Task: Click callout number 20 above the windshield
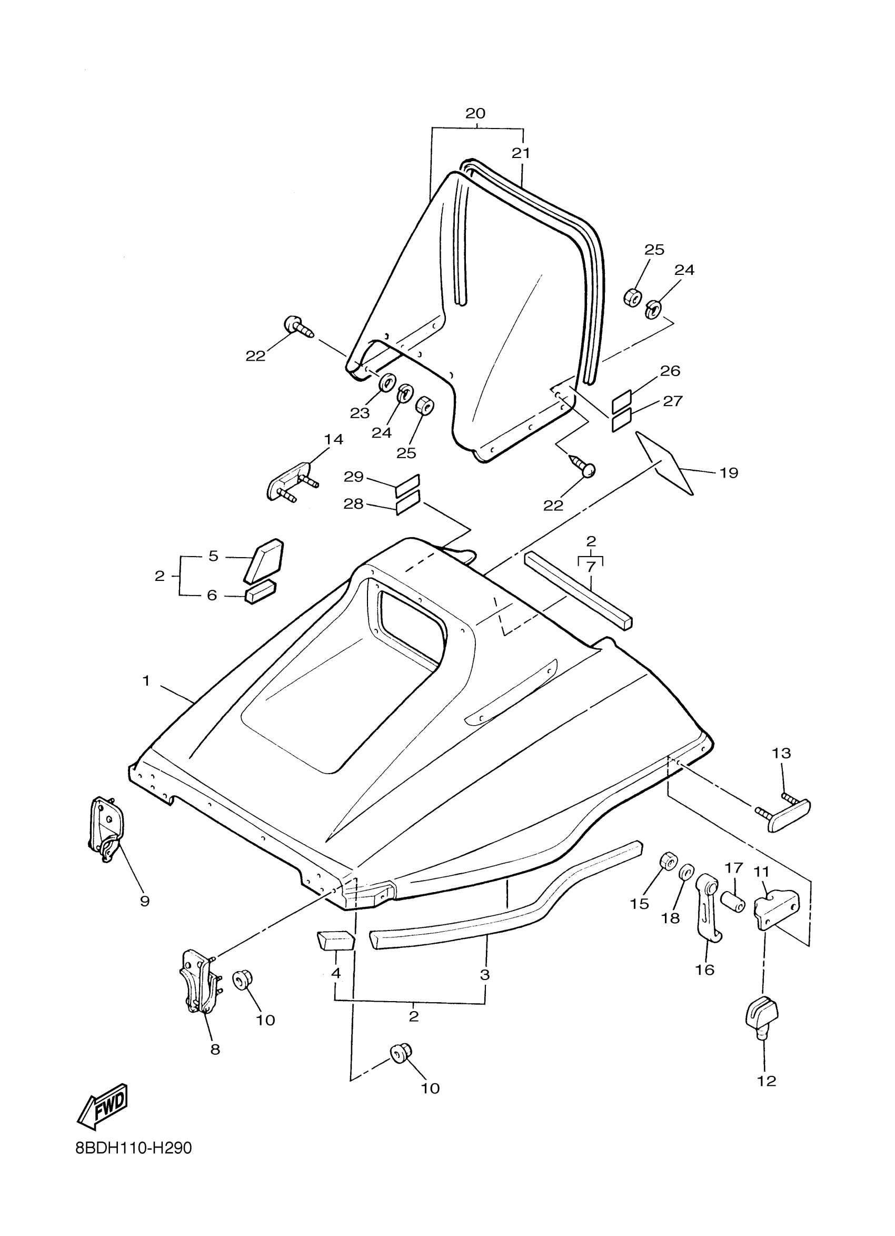tap(475, 113)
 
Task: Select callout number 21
tap(521, 153)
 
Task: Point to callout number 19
tap(729, 473)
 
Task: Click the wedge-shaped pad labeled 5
tap(264, 560)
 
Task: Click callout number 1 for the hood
tap(146, 681)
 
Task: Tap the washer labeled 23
tap(387, 382)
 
